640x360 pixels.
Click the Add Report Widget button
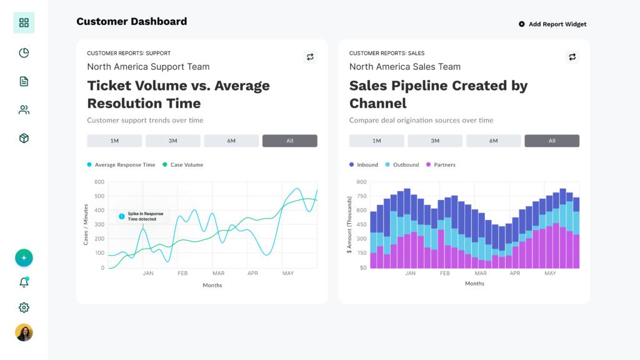click(552, 24)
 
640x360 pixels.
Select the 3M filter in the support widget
click(172, 141)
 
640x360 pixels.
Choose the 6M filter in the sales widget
click(493, 141)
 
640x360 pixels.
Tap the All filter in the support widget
click(289, 141)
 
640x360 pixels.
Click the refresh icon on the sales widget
click(572, 57)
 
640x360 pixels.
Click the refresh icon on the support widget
click(310, 57)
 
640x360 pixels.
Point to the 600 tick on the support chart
click(99, 182)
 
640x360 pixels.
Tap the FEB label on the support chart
click(182, 273)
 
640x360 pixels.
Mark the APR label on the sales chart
click(515, 273)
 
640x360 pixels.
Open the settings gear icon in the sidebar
click(24, 307)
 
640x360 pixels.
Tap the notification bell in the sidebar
click(24, 282)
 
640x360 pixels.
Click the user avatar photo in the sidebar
click(24, 332)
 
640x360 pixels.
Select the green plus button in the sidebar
click(24, 257)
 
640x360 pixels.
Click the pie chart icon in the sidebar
click(24, 52)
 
